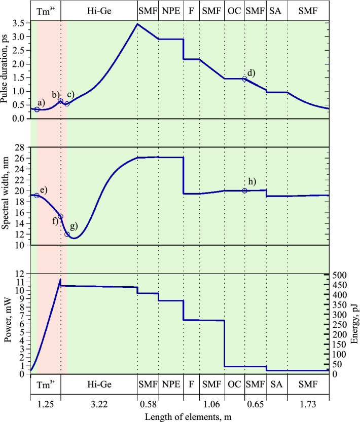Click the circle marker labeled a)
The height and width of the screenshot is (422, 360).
[37, 109]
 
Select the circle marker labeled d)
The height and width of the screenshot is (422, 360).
[244, 79]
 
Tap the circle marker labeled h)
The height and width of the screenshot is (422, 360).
[244, 190]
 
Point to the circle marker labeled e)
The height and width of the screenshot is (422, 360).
[37, 196]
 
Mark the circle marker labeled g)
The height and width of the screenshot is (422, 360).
[67, 234]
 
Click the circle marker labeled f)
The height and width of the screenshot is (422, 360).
[60, 216]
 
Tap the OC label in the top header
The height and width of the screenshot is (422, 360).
[234, 10]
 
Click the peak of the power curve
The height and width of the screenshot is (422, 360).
[60, 279]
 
